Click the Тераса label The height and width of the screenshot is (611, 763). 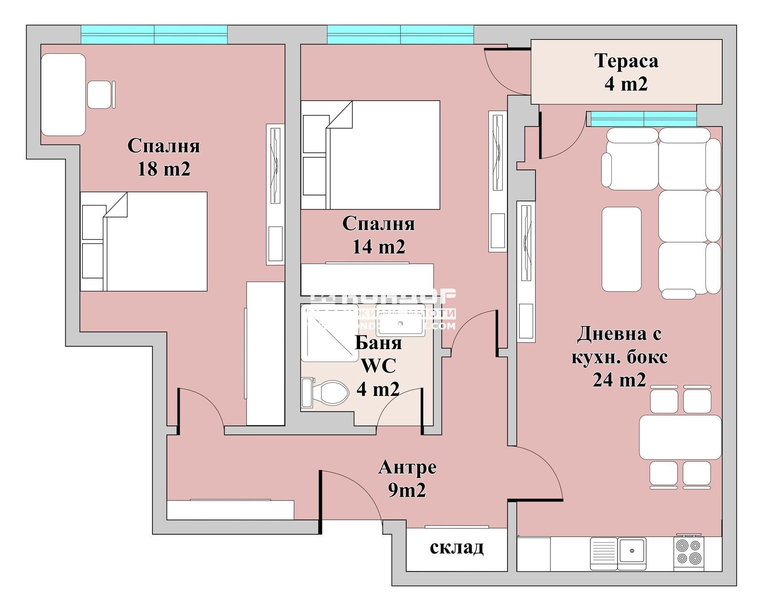[x=626, y=61]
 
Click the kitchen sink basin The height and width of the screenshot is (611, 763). [x=632, y=550]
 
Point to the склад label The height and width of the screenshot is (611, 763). [x=456, y=548]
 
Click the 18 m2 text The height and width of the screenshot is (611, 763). [x=164, y=169]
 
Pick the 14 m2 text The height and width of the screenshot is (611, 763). [x=378, y=247]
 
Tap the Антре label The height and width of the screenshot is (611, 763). [x=407, y=467]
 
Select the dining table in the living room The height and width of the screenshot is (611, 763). [x=680, y=437]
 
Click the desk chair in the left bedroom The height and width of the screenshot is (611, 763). [x=100, y=94]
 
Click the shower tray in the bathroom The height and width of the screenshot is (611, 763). [x=329, y=334]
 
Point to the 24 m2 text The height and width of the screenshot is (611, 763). [x=619, y=380]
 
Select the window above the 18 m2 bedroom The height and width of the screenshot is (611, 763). [x=154, y=34]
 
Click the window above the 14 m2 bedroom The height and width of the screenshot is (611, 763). [x=400, y=34]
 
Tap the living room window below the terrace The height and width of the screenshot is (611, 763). [x=643, y=118]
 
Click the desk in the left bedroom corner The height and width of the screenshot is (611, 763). [x=63, y=94]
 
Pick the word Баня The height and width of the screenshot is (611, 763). [x=378, y=342]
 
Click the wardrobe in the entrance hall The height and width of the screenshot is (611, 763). [x=230, y=509]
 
